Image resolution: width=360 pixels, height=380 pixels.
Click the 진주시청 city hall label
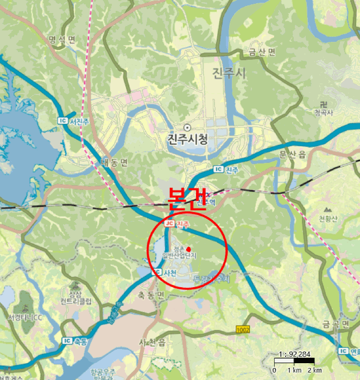point(187,140)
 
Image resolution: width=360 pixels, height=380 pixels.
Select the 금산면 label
point(262,52)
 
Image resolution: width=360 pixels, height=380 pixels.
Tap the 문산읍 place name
point(293,155)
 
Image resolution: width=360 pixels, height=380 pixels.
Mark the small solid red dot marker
point(188,249)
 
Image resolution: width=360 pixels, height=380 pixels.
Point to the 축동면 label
point(150,295)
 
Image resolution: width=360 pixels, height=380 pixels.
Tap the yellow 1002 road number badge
point(243,329)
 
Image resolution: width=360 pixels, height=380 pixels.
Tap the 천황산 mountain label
point(327,218)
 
